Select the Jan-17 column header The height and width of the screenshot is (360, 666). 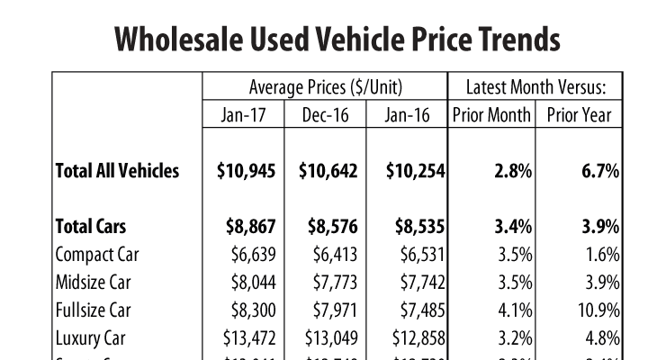[243, 114]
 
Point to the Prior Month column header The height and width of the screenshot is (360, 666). [491, 114]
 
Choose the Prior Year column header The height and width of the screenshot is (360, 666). [578, 114]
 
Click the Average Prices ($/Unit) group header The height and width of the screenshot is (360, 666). [325, 87]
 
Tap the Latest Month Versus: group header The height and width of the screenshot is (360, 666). [536, 87]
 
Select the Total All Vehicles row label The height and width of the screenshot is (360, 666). [117, 171]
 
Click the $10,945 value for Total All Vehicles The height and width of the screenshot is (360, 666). [246, 171]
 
